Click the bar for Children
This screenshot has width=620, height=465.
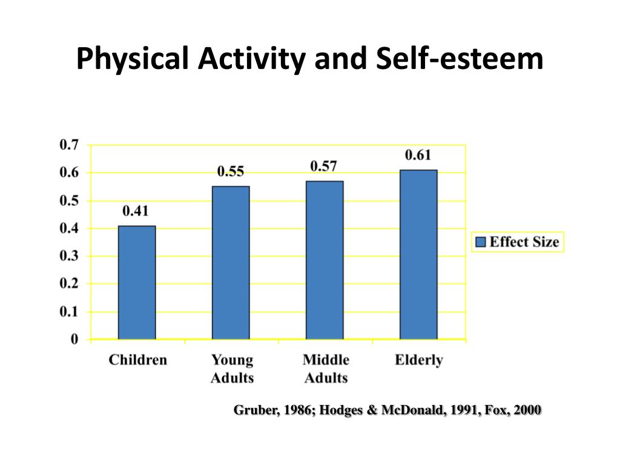tap(137, 283)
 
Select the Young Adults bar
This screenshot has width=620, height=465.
tap(231, 263)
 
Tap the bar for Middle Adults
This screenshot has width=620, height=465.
tap(325, 260)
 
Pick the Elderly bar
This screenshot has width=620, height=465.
tap(418, 255)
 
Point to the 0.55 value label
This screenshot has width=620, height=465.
tap(231, 171)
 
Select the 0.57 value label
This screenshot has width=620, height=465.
tap(324, 166)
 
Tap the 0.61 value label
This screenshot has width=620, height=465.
tap(418, 155)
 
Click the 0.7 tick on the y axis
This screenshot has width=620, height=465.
tap(69, 145)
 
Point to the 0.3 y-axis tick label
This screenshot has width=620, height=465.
tap(69, 256)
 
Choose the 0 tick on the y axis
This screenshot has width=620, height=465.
tap(74, 340)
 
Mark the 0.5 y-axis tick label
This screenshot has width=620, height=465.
tap(69, 200)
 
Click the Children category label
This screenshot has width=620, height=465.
tap(137, 360)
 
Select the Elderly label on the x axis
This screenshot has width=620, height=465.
tap(418, 360)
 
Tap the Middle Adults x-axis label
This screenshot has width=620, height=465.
tap(326, 369)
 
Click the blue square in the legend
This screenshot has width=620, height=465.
tap(481, 242)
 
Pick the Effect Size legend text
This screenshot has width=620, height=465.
tap(524, 242)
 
